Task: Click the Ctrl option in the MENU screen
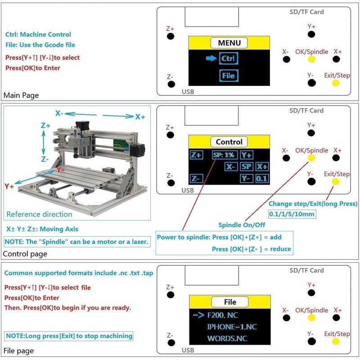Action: point(229,58)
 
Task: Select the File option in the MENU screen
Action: point(229,76)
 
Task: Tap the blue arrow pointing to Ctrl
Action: point(211,58)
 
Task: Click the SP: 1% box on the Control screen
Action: point(223,155)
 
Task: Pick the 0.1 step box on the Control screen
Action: point(261,178)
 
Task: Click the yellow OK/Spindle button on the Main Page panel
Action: point(311,59)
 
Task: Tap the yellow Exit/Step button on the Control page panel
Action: point(335,182)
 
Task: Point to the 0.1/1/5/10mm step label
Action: point(292,214)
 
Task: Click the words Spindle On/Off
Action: point(242,225)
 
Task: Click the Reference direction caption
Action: point(39,214)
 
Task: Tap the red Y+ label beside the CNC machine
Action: point(9,186)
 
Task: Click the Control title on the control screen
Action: point(229,142)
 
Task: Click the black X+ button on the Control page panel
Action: point(336,158)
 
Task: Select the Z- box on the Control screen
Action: point(196,178)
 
